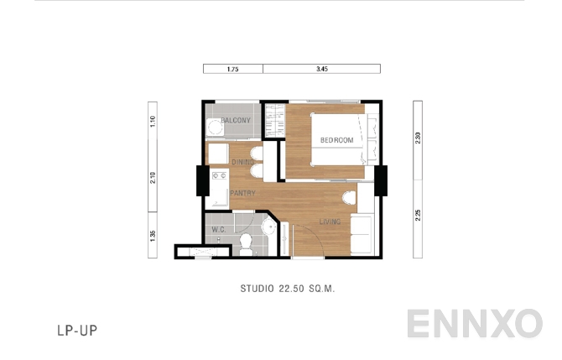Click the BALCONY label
tap(237, 121)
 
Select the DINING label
tap(243, 162)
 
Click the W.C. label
tap(217, 228)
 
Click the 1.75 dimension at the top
tap(233, 70)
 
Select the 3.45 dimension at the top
tap(321, 70)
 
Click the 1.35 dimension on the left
tap(153, 236)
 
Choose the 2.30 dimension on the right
tap(418, 139)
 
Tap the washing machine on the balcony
tap(215, 128)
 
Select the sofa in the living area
tap(362, 234)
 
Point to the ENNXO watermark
tap(474, 324)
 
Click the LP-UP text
tap(78, 330)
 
